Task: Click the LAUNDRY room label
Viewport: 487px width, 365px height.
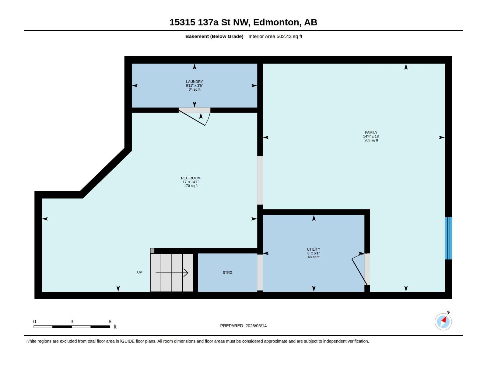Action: pyautogui.click(x=194, y=82)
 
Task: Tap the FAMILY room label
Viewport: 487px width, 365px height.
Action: pyautogui.click(x=371, y=133)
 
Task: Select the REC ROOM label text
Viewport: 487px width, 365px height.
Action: pyautogui.click(x=191, y=178)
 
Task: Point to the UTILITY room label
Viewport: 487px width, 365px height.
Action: pyautogui.click(x=313, y=249)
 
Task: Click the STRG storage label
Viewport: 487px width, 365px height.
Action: pyautogui.click(x=227, y=273)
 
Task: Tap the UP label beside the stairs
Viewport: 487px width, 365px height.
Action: pyautogui.click(x=139, y=272)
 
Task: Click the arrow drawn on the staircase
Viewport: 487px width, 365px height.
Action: pyautogui.click(x=172, y=273)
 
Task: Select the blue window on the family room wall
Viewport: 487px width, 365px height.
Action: pyautogui.click(x=448, y=238)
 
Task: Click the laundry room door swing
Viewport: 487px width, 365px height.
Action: pyautogui.click(x=195, y=117)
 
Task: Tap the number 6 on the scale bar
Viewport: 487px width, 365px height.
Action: pyautogui.click(x=110, y=322)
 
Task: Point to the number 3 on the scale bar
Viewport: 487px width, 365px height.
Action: pyautogui.click(x=72, y=322)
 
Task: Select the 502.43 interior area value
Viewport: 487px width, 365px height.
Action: pyautogui.click(x=284, y=36)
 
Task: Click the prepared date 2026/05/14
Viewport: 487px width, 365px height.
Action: pyautogui.click(x=256, y=326)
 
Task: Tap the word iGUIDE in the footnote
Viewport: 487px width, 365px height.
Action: pyautogui.click(x=127, y=341)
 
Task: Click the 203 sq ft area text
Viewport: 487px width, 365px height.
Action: pyautogui.click(x=371, y=140)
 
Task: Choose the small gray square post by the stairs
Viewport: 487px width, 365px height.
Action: pyautogui.click(x=152, y=251)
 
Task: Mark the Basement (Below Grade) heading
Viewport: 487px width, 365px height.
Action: pyautogui.click(x=214, y=36)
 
